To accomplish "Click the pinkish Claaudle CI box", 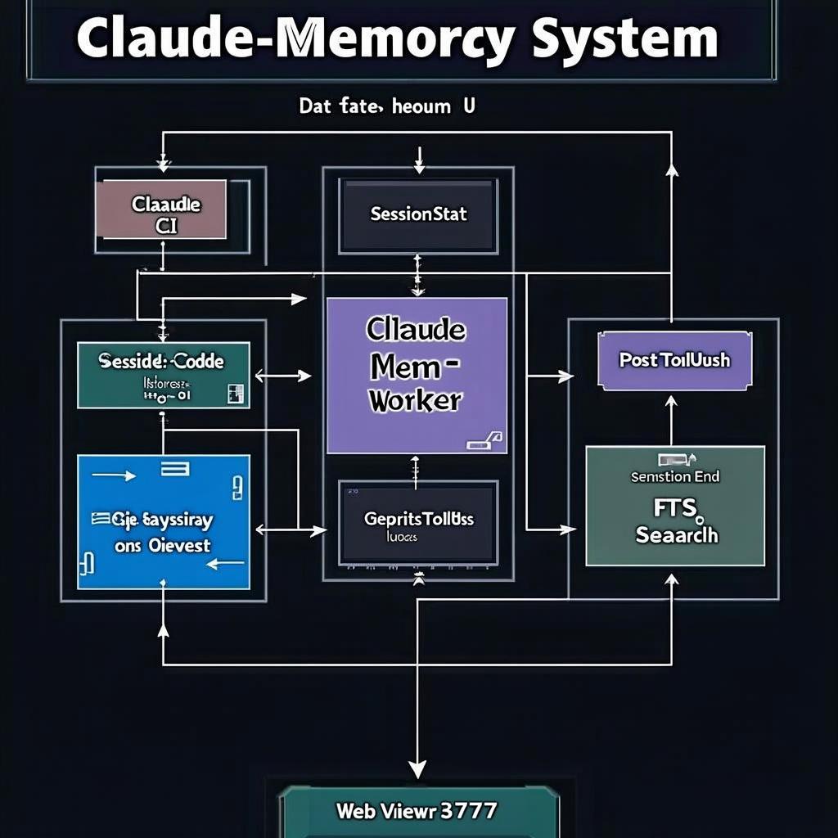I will coord(161,210).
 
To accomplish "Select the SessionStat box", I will coord(418,215).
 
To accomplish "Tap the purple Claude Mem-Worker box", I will coord(417,375).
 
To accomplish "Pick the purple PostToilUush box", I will coord(674,360).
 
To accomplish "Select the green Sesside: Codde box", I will coord(163,375).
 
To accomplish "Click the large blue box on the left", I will coord(163,522).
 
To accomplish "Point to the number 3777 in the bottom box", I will coord(468,810).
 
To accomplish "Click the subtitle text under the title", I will coord(386,106).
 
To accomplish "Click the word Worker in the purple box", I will coord(416,401).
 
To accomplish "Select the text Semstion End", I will coord(675,476).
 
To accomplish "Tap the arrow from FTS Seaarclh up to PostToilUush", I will coord(672,417).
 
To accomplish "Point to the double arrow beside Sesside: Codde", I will coord(283,376).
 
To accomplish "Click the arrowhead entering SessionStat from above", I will coord(419,167).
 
